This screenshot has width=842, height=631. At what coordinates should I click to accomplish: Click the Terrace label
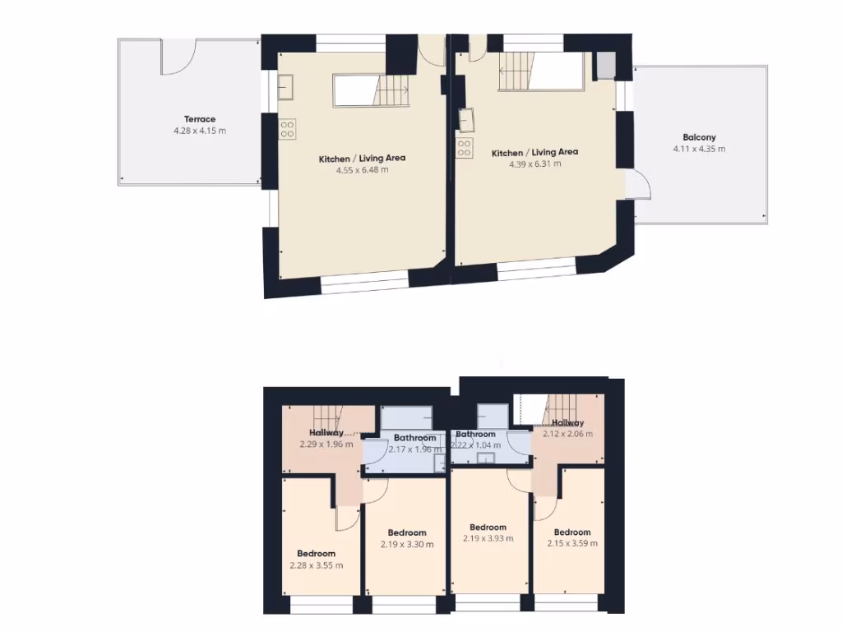click(200, 119)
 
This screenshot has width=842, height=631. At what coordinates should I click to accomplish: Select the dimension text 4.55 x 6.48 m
click(362, 170)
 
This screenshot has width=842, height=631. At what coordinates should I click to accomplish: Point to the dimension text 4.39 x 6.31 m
click(534, 164)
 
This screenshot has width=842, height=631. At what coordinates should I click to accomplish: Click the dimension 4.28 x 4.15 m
click(200, 131)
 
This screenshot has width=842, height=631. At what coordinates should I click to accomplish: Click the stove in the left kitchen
click(288, 129)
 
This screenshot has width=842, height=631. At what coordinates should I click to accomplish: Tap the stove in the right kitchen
click(465, 148)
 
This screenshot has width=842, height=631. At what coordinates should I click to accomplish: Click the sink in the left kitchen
click(287, 85)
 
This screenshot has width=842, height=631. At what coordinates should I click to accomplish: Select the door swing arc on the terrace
click(178, 59)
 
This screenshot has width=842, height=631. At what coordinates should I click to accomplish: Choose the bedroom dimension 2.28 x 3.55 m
click(317, 565)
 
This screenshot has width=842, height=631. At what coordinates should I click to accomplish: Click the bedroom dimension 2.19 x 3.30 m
click(407, 544)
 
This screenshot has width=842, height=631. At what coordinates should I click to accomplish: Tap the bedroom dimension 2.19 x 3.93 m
click(488, 539)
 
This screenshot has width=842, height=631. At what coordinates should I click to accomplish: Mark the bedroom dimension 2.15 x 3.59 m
click(571, 543)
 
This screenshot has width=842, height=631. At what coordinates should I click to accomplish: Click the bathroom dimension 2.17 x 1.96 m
click(414, 449)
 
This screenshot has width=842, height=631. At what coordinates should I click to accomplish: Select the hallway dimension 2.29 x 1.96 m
click(326, 444)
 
